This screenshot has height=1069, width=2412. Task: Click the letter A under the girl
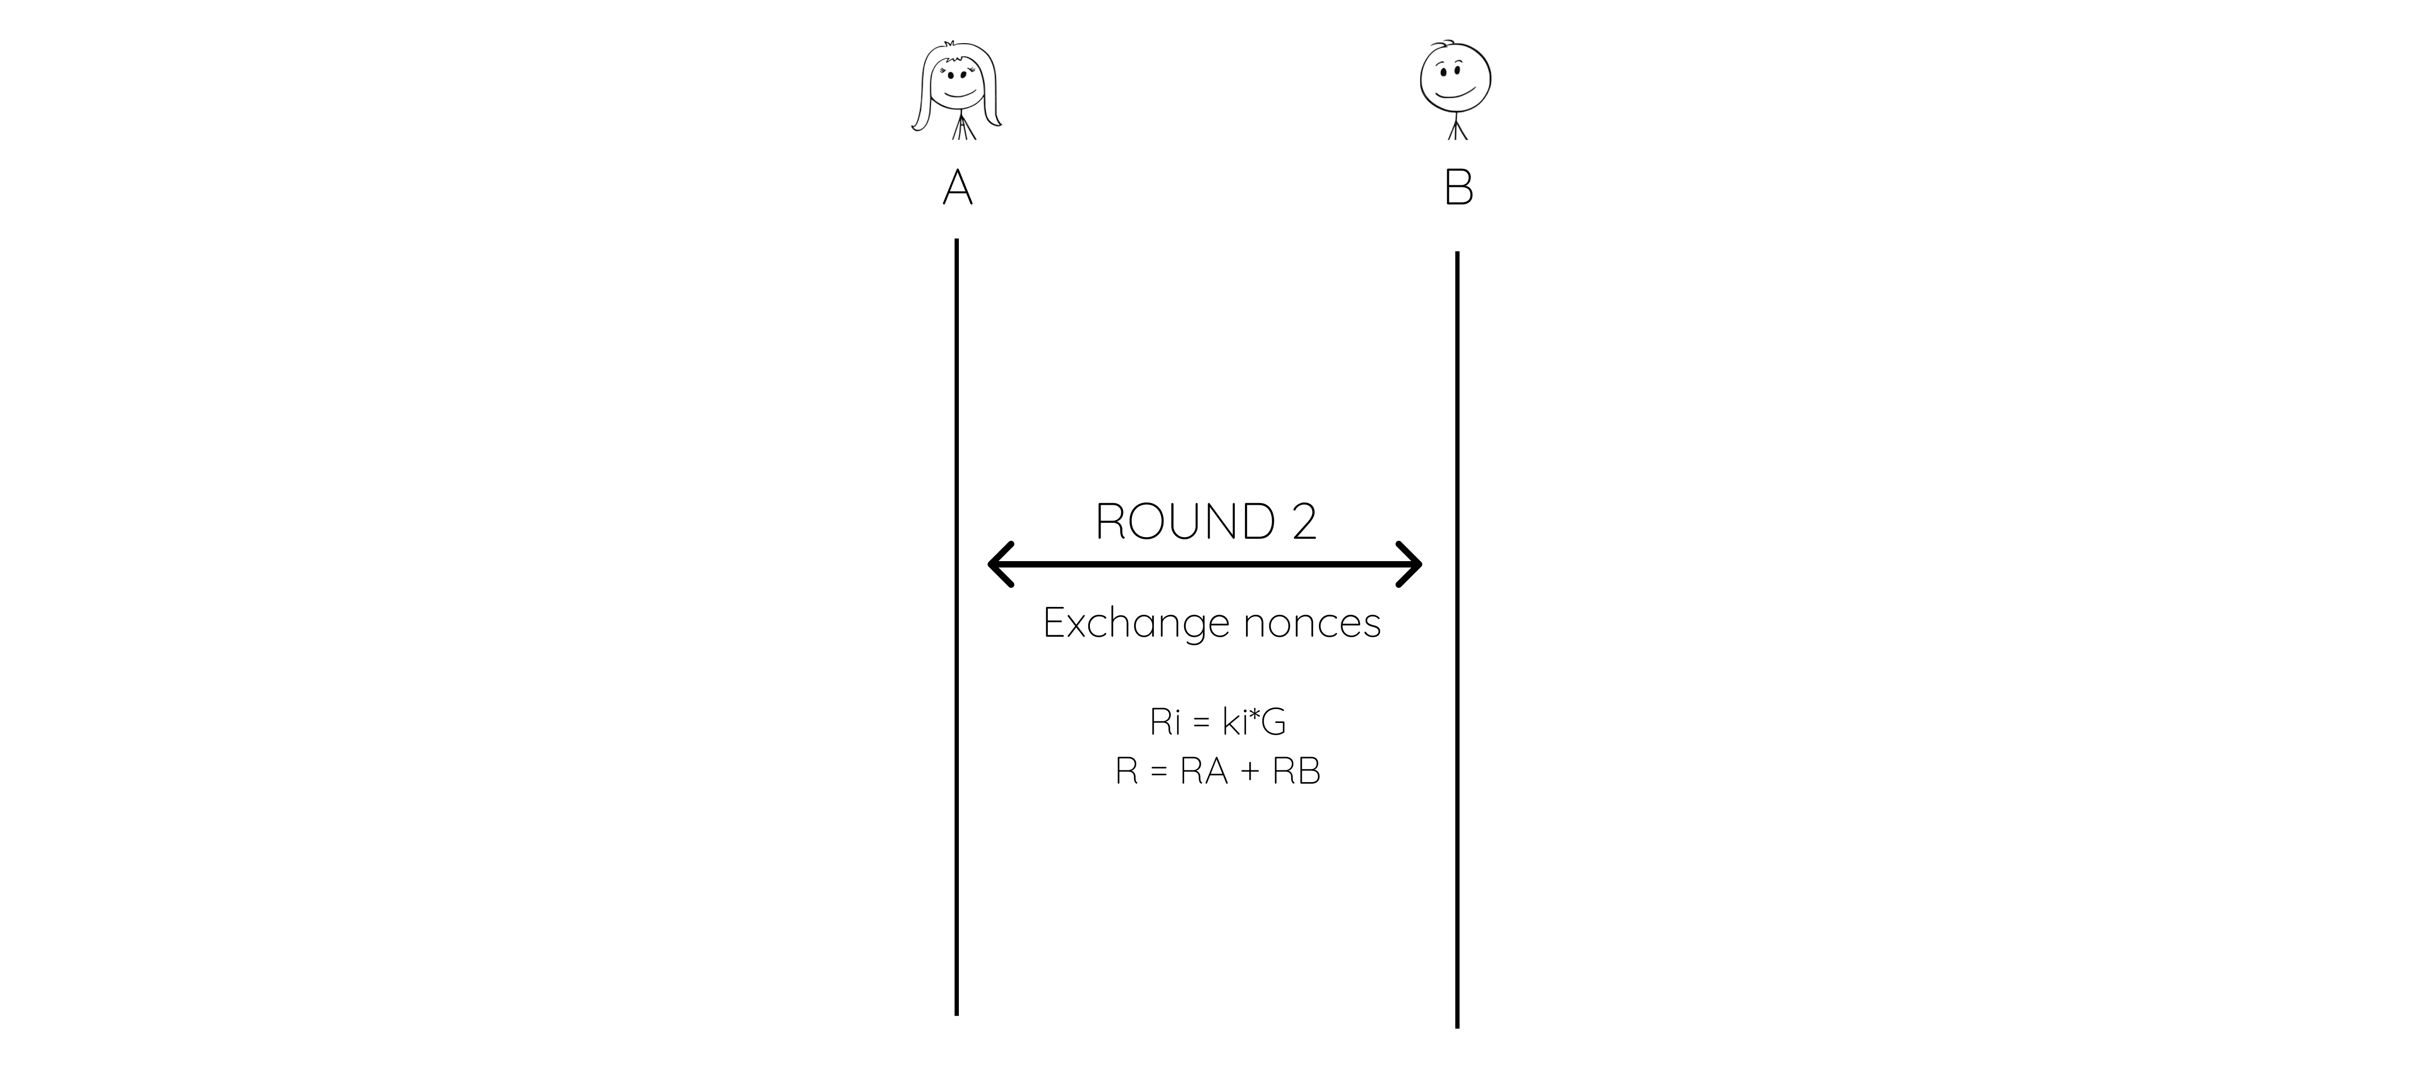[x=957, y=187]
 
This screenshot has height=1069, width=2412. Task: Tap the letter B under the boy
[x=1459, y=187]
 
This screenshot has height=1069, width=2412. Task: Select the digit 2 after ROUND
[x=1305, y=521]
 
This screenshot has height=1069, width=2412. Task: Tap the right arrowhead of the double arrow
[x=1409, y=564]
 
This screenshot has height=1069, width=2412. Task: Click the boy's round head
[x=1456, y=79]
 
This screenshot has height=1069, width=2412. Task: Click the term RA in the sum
[x=1204, y=771]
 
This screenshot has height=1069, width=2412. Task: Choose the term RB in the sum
[x=1296, y=771]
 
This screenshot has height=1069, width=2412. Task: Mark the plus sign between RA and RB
[x=1251, y=772]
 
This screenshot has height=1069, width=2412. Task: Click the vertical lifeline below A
[x=956, y=626]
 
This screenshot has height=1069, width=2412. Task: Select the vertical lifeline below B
[x=1457, y=639]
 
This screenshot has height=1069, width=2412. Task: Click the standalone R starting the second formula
[x=1127, y=771]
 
